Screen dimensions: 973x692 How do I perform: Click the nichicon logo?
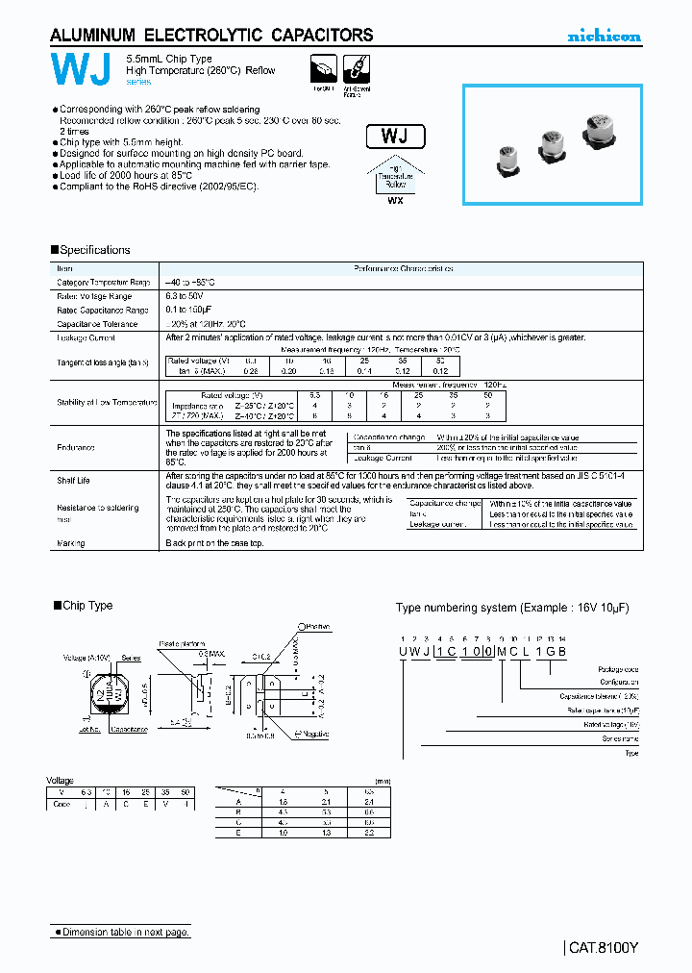point(604,37)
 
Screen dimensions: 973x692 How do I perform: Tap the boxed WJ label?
point(395,136)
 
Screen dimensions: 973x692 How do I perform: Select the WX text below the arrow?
point(395,201)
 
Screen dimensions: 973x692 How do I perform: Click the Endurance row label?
point(76,448)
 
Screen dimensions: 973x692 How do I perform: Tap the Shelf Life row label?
point(74,480)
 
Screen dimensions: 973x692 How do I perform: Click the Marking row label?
point(71,543)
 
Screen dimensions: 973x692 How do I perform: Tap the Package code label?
point(617,669)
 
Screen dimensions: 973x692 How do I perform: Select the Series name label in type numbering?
point(620,738)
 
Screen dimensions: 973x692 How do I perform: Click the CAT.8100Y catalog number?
point(604,947)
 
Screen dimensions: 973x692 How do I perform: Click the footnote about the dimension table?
point(121,932)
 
